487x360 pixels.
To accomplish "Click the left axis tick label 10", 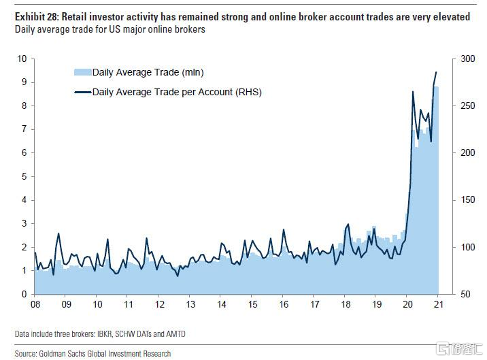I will click(x=22, y=59).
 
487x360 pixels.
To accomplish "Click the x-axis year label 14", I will click(x=221, y=304).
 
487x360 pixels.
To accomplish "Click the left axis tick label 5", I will click(x=24, y=176).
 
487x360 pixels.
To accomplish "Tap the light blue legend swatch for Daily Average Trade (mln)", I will click(x=82, y=72).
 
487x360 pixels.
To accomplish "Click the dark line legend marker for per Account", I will click(x=82, y=92).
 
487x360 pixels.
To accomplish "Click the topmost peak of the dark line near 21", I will click(x=436, y=72).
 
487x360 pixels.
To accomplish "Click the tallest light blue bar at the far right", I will click(x=436, y=191).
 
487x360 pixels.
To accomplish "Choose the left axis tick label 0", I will click(x=24, y=294).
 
